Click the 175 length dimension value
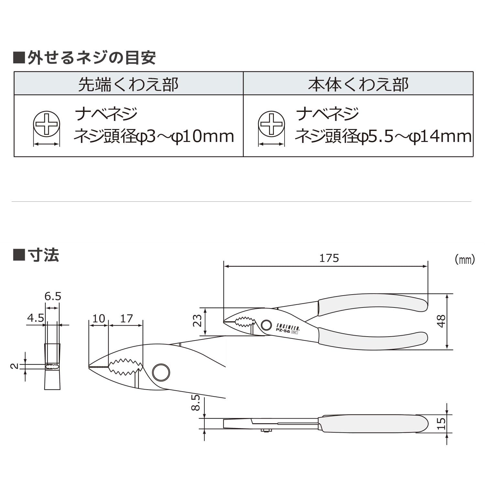(329, 258)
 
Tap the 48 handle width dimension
(441, 321)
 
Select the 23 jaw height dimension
(197, 321)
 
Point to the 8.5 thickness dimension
(196, 403)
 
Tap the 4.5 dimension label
(35, 318)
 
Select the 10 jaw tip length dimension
(99, 319)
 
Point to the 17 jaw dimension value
(126, 319)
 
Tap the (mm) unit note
(465, 259)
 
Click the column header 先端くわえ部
(128, 84)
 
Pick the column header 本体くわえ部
(358, 84)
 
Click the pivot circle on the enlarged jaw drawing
(161, 372)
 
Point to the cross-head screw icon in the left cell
(47, 124)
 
